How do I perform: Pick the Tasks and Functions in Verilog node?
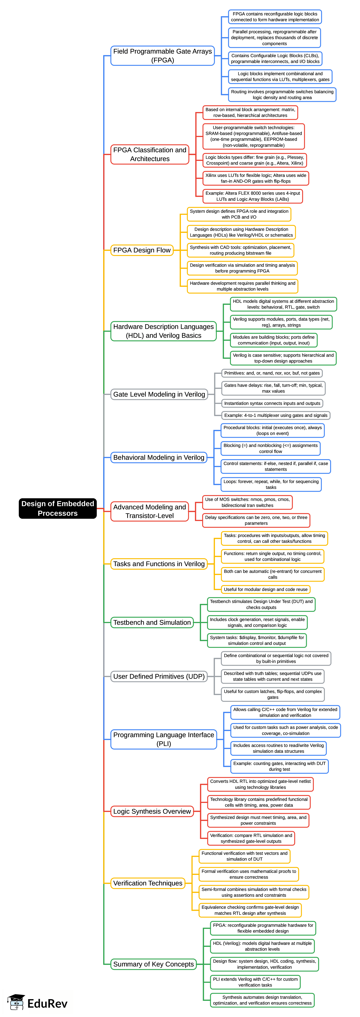[x=159, y=564]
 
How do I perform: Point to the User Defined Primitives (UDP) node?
[x=159, y=676]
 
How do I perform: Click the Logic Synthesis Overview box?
[x=152, y=811]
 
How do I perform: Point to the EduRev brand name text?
[x=47, y=1003]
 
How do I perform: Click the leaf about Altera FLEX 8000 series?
[x=253, y=196]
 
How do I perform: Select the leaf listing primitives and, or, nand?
[x=272, y=373]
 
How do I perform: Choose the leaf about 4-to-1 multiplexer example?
[x=275, y=415]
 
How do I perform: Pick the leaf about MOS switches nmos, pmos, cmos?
[x=247, y=502]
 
